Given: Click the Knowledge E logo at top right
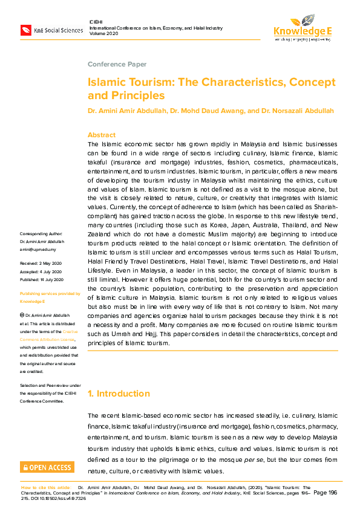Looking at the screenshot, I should [x=302, y=27].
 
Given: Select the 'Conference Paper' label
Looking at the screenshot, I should [x=117, y=64].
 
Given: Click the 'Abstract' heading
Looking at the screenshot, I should [x=101, y=135].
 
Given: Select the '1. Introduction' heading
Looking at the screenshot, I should [x=119, y=394].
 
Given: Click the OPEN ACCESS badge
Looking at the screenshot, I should [x=47, y=467].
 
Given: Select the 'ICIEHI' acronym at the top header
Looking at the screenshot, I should [x=96, y=22].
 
